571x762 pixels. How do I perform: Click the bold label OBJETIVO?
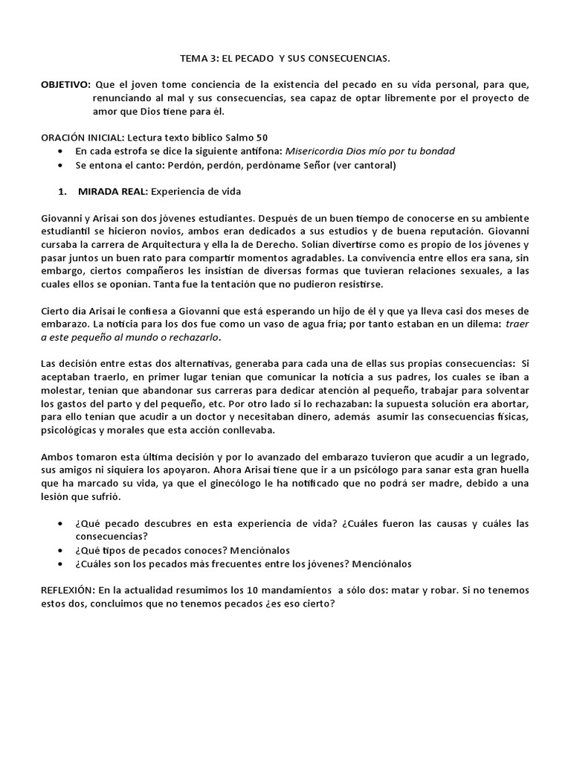65,85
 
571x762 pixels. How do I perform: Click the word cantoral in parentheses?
372,164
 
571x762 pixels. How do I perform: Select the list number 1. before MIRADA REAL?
63,191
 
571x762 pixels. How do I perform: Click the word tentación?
225,284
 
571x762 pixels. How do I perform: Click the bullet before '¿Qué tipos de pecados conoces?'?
60,550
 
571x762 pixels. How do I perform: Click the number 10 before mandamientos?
240,590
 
